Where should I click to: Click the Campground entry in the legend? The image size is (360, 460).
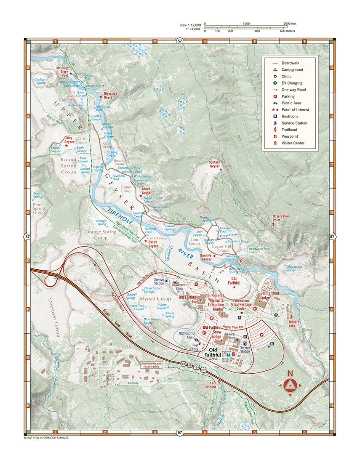[292, 69]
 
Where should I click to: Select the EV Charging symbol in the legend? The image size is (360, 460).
[275, 83]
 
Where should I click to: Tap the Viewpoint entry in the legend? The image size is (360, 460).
[290, 136]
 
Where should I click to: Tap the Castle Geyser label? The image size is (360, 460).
[153, 244]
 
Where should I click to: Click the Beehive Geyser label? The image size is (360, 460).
[206, 258]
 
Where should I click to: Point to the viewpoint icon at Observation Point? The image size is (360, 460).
[273, 225]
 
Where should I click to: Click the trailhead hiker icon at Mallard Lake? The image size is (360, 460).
[291, 316]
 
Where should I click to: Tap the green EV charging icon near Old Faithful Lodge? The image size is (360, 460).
[276, 314]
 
